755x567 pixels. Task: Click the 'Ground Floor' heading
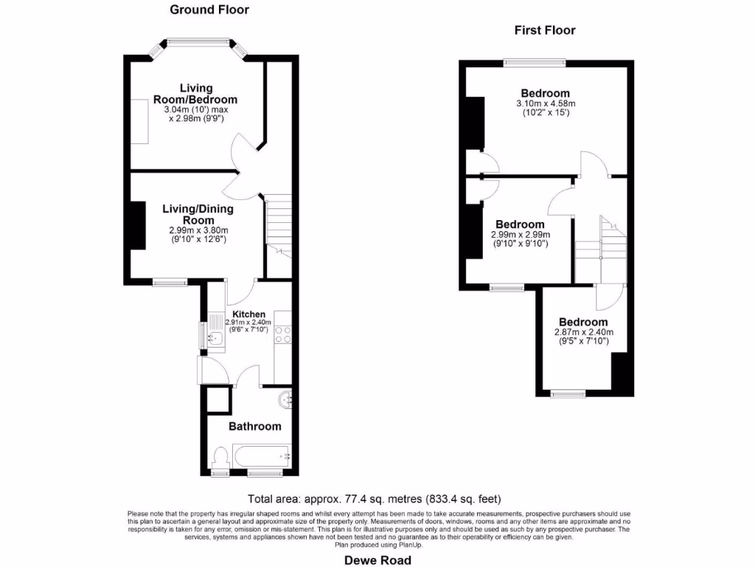click(x=209, y=10)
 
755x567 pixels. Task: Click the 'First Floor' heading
click(x=545, y=30)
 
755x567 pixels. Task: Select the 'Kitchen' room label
click(x=248, y=315)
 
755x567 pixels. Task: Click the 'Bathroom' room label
click(x=254, y=426)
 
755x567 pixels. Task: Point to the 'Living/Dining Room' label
click(x=198, y=214)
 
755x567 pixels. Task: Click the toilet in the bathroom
click(x=220, y=456)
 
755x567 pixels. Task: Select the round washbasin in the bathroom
click(x=285, y=400)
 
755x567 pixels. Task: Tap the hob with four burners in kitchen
click(x=284, y=337)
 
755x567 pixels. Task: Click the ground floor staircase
click(x=279, y=225)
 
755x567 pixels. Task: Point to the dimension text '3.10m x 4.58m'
click(x=545, y=103)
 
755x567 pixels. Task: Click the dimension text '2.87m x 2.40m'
click(x=583, y=332)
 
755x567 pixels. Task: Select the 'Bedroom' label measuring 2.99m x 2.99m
click(x=520, y=224)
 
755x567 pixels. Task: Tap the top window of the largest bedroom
click(x=535, y=63)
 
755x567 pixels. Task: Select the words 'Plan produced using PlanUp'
click(x=377, y=545)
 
